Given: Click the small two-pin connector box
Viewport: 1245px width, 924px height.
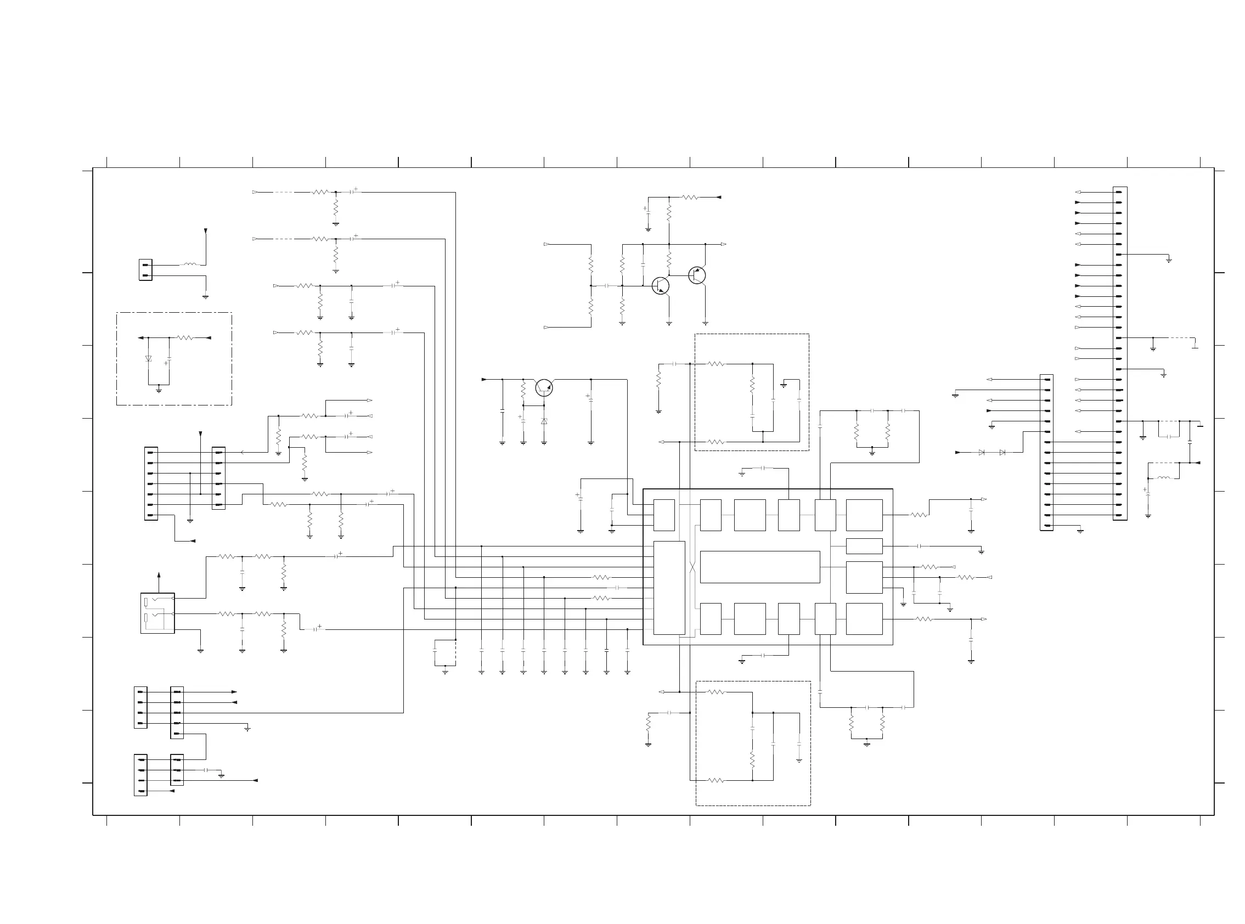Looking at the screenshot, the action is click(x=145, y=270).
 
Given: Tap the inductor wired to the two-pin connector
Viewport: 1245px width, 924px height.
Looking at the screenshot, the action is click(x=190, y=264).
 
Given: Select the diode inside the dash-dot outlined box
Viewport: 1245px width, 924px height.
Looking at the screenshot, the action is click(x=148, y=358).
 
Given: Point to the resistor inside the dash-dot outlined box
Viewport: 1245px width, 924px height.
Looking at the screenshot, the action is click(x=184, y=338).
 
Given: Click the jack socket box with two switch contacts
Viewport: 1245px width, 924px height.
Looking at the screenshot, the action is click(x=157, y=613).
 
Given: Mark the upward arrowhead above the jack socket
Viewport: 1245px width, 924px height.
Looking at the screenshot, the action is click(x=159, y=575).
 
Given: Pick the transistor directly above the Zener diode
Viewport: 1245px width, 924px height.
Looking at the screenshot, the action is click(x=544, y=387).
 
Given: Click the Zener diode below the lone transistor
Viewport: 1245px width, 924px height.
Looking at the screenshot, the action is click(x=544, y=421).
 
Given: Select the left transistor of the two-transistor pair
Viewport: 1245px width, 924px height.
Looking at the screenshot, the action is click(x=661, y=286).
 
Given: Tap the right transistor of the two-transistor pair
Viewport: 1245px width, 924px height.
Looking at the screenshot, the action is click(x=697, y=275).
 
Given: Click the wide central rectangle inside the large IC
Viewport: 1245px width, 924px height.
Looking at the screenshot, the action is click(x=759, y=567).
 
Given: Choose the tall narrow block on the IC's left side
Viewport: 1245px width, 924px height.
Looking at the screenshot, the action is click(x=669, y=588).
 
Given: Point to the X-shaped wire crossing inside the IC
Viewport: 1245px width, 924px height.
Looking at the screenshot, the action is click(x=692, y=567).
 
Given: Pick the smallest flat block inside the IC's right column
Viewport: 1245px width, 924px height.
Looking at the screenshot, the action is click(x=864, y=546).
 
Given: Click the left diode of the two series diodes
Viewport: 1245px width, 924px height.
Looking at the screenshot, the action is click(x=982, y=453).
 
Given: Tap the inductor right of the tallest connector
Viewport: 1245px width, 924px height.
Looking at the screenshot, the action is click(x=1163, y=478).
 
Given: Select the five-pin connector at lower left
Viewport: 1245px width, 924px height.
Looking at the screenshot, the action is click(x=177, y=713).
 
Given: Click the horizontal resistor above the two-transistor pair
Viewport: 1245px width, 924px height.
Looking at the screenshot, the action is click(x=690, y=198).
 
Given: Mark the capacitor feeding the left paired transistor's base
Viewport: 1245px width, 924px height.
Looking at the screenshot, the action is click(x=607, y=286).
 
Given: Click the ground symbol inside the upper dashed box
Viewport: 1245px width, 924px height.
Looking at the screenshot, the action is click(x=784, y=385).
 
